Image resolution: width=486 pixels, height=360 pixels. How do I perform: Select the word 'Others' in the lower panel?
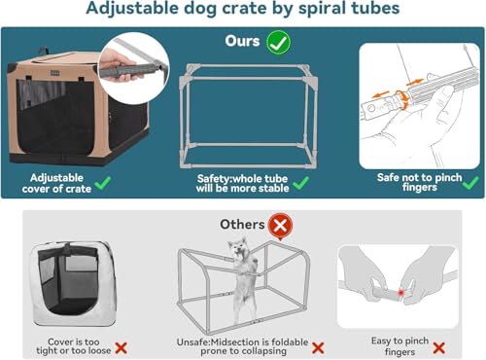[242, 224]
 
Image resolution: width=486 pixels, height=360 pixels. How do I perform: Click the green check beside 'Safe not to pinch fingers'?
[470, 181]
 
